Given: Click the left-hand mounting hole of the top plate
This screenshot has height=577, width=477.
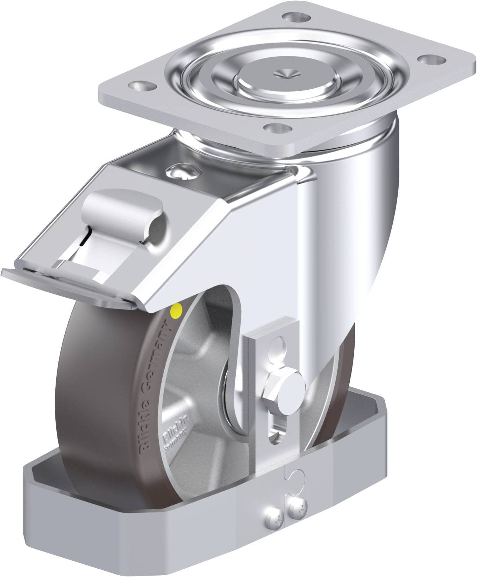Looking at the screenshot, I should point(141,85).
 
